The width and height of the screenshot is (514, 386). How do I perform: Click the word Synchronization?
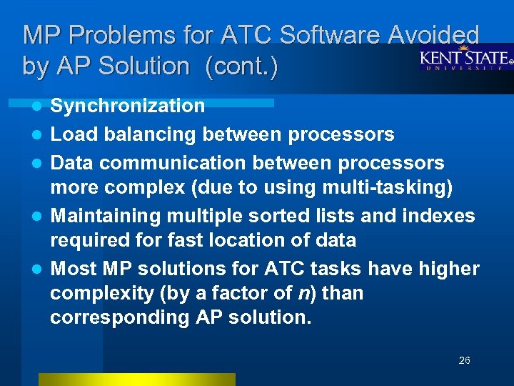pos(128,107)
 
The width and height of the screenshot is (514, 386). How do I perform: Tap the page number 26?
pos(464,360)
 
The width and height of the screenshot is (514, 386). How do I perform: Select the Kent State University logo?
pos(464,58)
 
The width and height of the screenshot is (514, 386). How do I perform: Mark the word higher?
pos(448,269)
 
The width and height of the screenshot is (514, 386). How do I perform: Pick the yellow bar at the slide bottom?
pos(136,380)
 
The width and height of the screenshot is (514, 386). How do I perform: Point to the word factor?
pos(247,293)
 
